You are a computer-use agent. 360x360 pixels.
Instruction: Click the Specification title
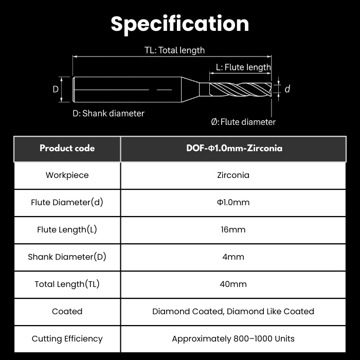tap(180, 24)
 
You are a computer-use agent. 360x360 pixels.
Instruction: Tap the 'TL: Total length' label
tap(174, 50)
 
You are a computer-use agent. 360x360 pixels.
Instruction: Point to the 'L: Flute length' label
tap(243, 67)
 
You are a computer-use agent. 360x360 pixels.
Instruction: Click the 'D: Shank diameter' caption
tap(109, 114)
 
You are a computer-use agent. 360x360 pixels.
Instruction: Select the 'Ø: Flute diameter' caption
tap(243, 122)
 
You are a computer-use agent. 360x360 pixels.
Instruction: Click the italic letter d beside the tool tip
tap(287, 89)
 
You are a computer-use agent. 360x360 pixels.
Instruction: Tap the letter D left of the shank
tap(56, 89)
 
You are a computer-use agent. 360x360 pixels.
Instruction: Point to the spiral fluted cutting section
tap(240, 89)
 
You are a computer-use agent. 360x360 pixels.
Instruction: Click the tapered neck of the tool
tap(190, 89)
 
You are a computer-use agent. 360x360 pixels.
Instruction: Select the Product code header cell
tap(67, 148)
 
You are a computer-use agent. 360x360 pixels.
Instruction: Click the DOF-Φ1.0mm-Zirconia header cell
tap(233, 148)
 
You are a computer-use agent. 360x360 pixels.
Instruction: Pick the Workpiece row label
tap(67, 175)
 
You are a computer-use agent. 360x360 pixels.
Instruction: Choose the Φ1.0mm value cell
tap(233, 202)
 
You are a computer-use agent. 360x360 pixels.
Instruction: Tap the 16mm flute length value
tap(233, 229)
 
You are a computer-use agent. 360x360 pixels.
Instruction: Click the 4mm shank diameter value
tap(233, 257)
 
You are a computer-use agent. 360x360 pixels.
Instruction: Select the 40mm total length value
tap(233, 284)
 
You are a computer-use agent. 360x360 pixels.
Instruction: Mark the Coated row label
tap(67, 311)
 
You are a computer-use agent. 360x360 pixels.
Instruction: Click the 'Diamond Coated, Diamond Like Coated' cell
tap(233, 312)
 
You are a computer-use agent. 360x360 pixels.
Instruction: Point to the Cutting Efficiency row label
tap(67, 339)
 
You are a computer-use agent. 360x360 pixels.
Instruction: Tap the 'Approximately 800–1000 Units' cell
tap(233, 339)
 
